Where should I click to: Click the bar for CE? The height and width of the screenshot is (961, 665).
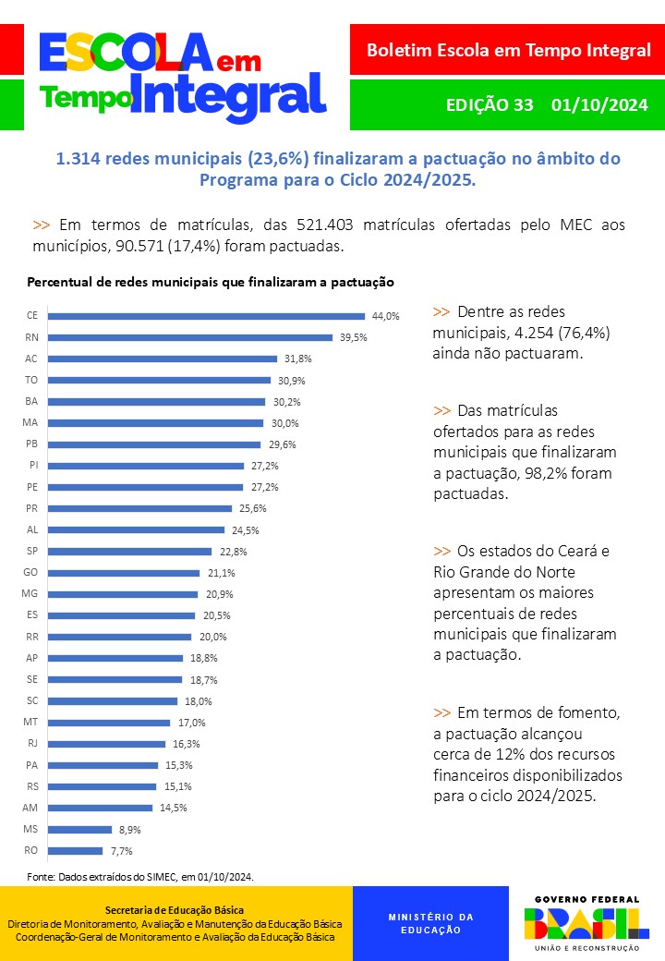click(x=207, y=316)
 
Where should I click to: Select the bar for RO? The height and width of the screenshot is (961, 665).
click(x=75, y=850)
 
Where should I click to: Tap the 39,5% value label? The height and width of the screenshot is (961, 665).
click(x=353, y=337)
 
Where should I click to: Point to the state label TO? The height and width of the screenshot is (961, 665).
click(x=31, y=380)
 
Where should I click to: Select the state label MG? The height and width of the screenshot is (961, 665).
click(x=30, y=594)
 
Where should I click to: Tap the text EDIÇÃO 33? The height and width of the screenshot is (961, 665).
click(x=490, y=104)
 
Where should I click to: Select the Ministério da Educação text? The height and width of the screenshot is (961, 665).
click(x=430, y=923)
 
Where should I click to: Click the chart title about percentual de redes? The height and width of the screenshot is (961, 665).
click(x=211, y=281)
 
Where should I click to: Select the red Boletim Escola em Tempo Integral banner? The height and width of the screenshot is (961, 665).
click(x=508, y=51)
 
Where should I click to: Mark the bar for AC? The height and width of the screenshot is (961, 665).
click(x=163, y=359)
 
